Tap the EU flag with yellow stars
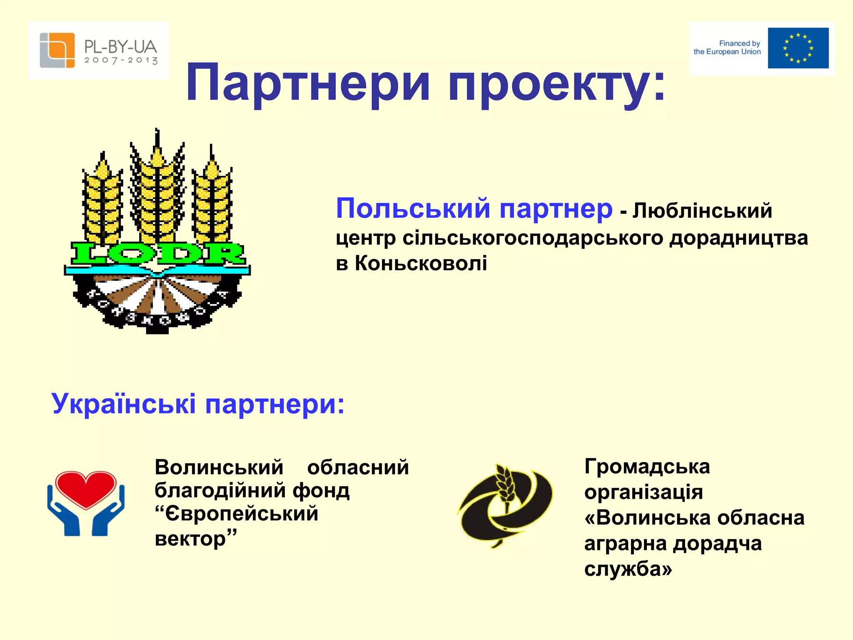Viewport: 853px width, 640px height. tap(798, 48)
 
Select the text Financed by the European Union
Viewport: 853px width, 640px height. tap(727, 47)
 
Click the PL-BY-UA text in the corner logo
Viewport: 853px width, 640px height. tap(120, 47)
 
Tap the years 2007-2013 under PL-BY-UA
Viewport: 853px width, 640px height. tap(121, 60)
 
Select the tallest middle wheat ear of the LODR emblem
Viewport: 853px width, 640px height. tap(157, 187)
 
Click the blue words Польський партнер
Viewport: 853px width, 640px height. tap(474, 208)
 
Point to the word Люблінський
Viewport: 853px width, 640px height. tap(702, 210)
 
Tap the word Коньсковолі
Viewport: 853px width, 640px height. tap(421, 263)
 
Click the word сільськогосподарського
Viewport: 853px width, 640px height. tap(533, 238)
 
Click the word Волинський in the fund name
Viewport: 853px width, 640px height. tap(219, 467)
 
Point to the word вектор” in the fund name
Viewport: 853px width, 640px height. tap(195, 538)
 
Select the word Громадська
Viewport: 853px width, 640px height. tap(647, 466)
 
